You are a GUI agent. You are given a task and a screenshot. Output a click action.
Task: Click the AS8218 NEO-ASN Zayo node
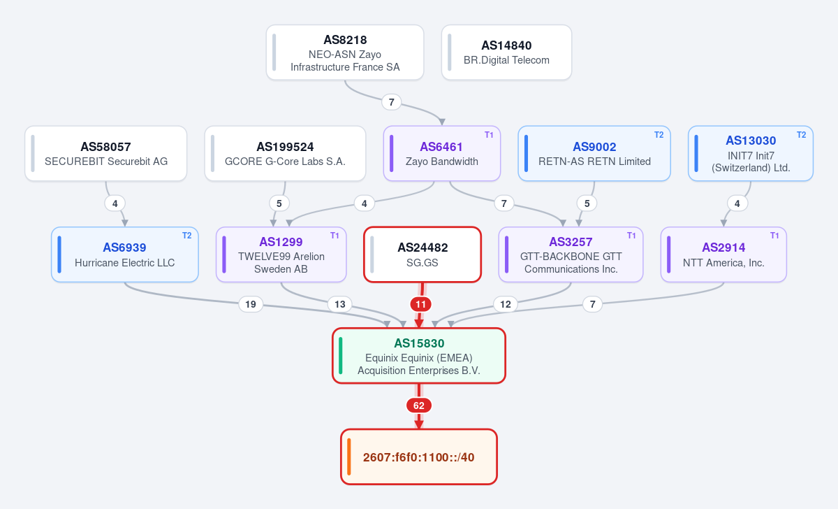(x=345, y=52)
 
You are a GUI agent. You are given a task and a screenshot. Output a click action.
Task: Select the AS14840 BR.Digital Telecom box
(x=506, y=52)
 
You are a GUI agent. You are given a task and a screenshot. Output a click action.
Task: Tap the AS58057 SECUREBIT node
(x=106, y=154)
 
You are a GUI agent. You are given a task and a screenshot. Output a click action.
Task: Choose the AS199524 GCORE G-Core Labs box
(x=285, y=154)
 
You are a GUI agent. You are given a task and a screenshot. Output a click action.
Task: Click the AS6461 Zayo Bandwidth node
(x=442, y=154)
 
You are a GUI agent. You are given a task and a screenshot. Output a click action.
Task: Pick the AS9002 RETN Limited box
(x=594, y=154)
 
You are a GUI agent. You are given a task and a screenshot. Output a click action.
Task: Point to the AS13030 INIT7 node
(x=751, y=154)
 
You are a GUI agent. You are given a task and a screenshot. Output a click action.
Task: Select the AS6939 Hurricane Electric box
(x=125, y=254)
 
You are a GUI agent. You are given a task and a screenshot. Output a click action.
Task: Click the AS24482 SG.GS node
(x=422, y=254)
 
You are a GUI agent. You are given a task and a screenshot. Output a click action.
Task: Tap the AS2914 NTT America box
(x=723, y=254)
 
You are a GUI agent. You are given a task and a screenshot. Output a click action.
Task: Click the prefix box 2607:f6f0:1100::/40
(x=419, y=457)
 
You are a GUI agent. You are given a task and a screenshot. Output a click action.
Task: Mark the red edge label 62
(x=419, y=406)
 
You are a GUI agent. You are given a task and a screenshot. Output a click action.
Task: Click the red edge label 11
(x=421, y=304)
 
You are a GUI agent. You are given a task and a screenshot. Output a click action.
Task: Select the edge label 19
(x=251, y=304)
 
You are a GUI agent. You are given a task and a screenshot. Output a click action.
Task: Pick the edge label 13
(x=339, y=304)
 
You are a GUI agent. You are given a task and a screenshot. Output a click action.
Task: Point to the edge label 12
(x=506, y=304)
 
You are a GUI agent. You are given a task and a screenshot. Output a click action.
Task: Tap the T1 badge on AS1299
(x=335, y=236)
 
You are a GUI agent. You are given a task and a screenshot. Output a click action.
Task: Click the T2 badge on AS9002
(x=659, y=135)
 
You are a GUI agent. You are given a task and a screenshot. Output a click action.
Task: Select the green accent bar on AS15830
(x=341, y=356)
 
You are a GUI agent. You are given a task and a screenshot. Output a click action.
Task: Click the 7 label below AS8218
(x=391, y=102)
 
